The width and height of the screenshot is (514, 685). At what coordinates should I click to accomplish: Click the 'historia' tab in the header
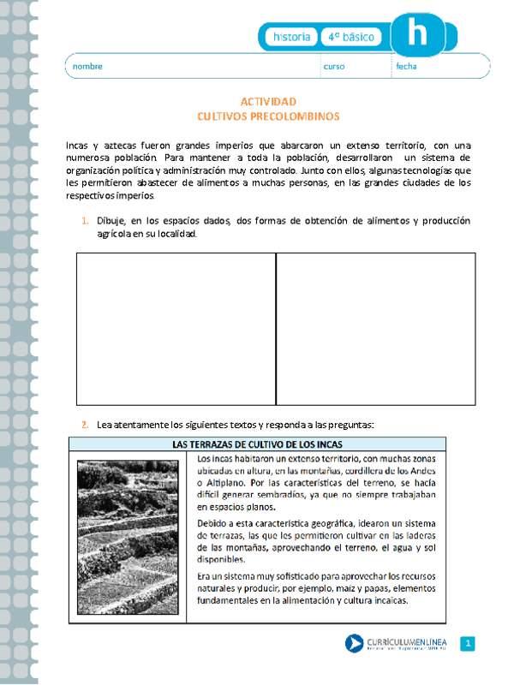[x=291, y=38]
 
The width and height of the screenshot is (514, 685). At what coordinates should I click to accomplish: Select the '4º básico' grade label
[x=352, y=38]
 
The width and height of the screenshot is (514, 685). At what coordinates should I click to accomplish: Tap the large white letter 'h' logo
[x=417, y=34]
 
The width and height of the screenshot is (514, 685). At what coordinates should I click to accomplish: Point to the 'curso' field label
[x=334, y=66]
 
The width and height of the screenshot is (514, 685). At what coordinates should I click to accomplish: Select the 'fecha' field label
[x=406, y=66]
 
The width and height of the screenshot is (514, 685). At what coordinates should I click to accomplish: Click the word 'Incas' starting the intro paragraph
[x=78, y=146]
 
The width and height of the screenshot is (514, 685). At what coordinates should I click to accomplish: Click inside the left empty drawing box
[x=176, y=329]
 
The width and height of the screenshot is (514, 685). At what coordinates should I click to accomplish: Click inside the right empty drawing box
[x=375, y=329]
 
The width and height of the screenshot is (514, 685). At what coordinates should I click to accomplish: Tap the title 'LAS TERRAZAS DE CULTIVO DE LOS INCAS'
[x=257, y=444]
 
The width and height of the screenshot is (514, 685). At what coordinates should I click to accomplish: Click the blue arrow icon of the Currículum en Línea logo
[x=353, y=644]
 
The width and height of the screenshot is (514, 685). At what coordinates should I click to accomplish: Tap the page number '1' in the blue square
[x=468, y=644]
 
